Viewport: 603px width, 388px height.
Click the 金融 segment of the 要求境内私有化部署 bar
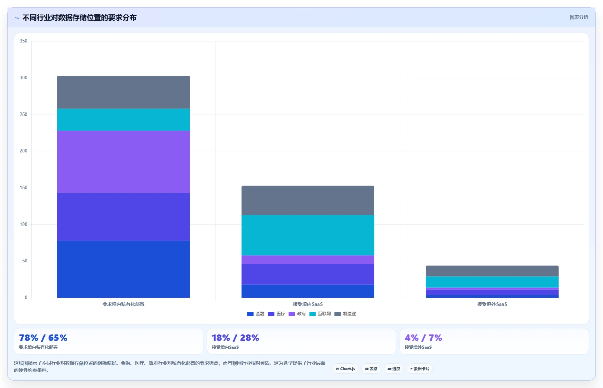[x=123, y=269]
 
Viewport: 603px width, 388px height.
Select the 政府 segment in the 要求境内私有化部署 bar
[x=123, y=162]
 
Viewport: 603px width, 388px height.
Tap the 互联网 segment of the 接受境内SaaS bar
[x=308, y=235]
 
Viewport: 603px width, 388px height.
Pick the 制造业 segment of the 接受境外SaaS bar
[x=492, y=271]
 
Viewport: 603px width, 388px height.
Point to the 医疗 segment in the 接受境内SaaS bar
[x=308, y=274]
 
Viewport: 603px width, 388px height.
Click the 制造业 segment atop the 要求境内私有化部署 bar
[x=123, y=92]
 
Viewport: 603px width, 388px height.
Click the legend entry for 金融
[x=256, y=314]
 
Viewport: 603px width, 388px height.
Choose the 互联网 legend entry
[x=320, y=314]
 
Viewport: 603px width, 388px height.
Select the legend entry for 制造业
[x=345, y=314]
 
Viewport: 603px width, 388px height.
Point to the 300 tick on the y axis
[x=24, y=78]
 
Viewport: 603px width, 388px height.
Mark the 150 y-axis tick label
[x=24, y=188]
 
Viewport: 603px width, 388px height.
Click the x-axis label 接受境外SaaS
[x=492, y=304]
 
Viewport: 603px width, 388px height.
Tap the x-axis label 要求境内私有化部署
[x=123, y=304]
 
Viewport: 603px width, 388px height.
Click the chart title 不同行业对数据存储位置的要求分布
[x=79, y=18]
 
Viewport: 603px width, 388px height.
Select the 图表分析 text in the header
[x=579, y=17]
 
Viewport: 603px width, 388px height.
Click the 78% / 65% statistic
[x=43, y=338]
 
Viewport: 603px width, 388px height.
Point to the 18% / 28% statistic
[x=235, y=338]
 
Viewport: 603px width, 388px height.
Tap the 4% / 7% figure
[x=423, y=338]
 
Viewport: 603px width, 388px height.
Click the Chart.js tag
[x=345, y=369]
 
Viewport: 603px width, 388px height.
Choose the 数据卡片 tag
[x=420, y=369]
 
